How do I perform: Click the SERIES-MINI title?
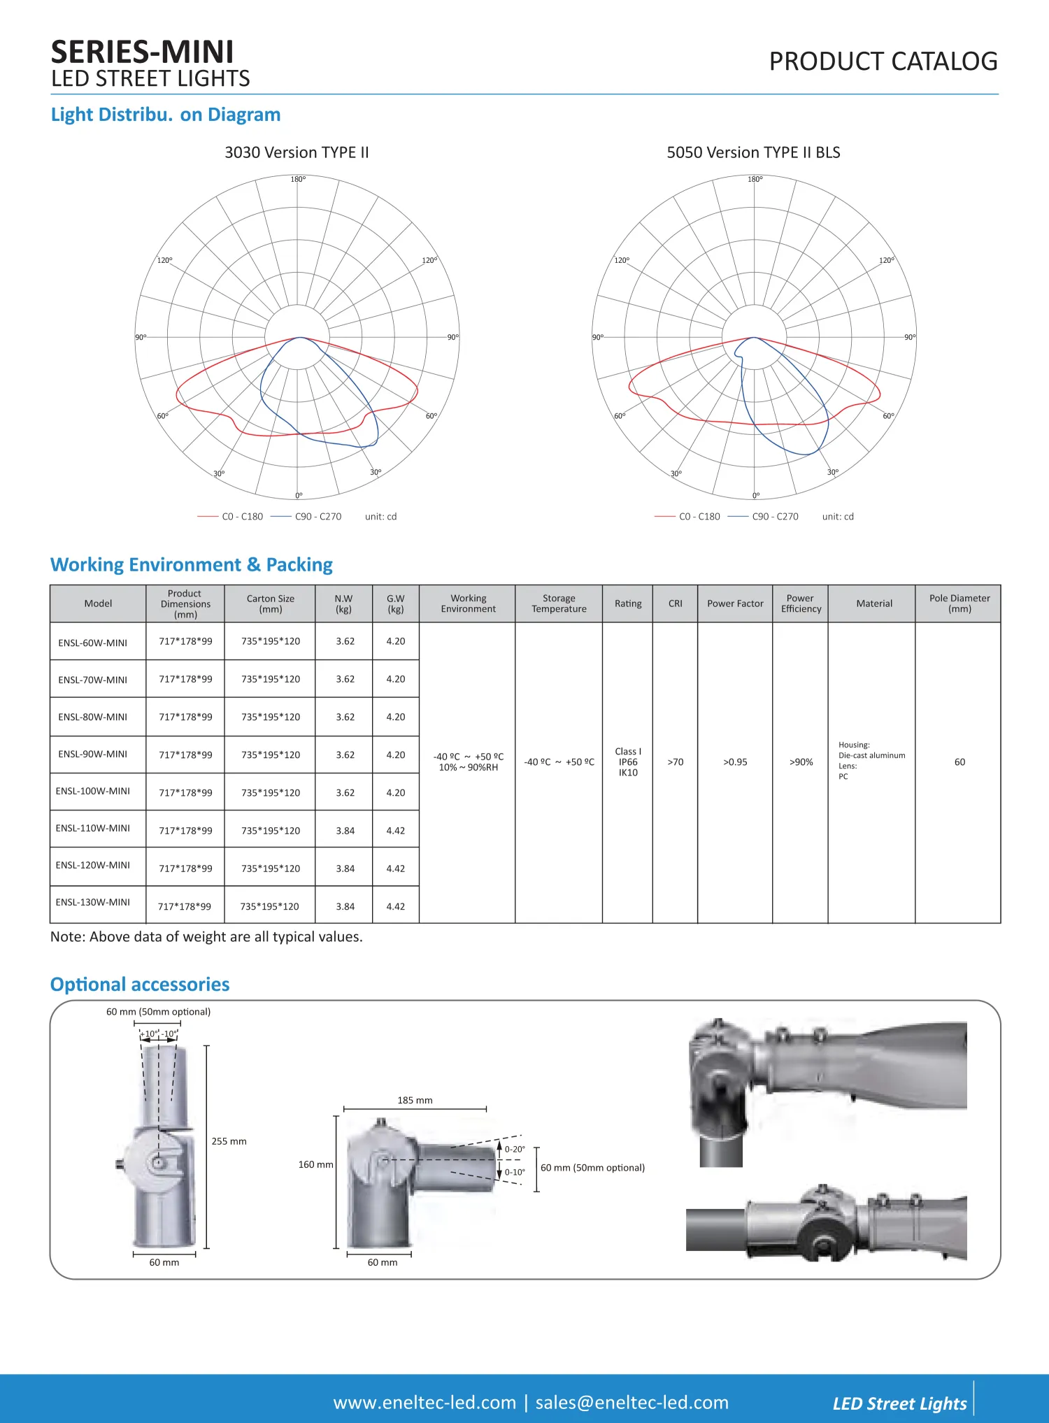(x=142, y=52)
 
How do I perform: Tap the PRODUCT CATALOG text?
(x=883, y=62)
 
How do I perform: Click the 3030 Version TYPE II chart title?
(x=297, y=152)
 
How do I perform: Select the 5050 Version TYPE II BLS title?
(x=753, y=152)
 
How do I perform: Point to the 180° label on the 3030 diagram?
(x=298, y=179)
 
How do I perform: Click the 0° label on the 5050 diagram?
(x=755, y=496)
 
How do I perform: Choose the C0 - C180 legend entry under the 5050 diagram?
(x=699, y=517)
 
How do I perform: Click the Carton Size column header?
(x=270, y=603)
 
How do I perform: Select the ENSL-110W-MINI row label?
(x=93, y=828)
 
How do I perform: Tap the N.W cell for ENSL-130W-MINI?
(x=345, y=906)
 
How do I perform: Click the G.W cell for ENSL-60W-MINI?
(x=396, y=641)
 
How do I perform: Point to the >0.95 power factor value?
(x=734, y=762)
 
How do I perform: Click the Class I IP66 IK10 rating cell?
(x=628, y=762)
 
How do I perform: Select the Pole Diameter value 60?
(x=959, y=762)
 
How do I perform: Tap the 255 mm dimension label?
(x=229, y=1141)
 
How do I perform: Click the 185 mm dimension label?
(x=415, y=1101)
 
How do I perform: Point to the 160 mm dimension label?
(x=315, y=1164)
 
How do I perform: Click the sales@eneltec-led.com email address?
(x=631, y=1402)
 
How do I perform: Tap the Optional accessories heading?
(x=140, y=985)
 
